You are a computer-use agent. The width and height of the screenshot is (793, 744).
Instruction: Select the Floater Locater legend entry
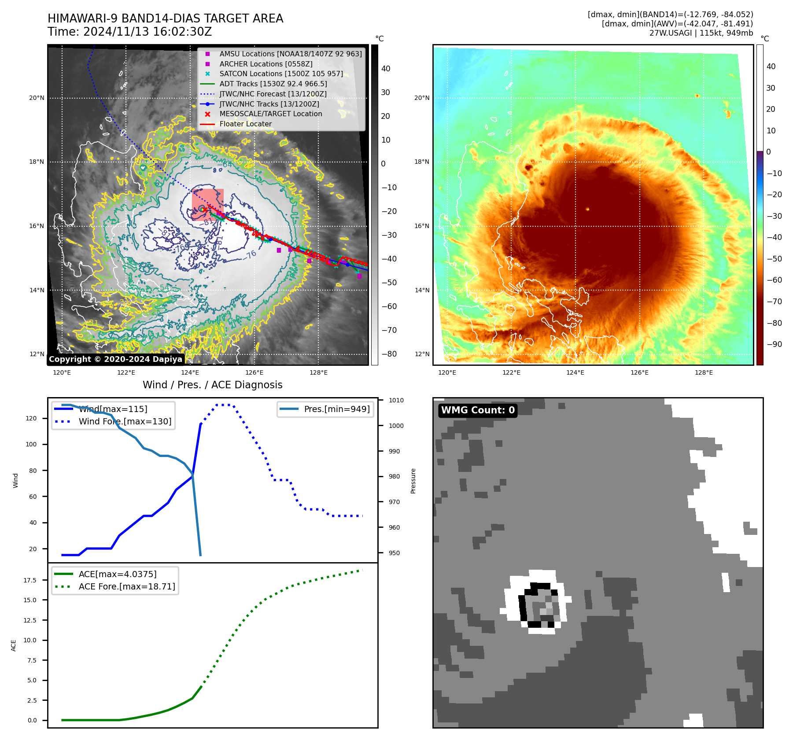coord(245,124)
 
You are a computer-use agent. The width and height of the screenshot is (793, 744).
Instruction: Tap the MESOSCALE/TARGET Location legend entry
coord(270,114)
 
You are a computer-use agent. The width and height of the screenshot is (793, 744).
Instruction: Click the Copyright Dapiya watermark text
coord(115,359)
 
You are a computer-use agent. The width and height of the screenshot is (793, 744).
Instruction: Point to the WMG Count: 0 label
coord(478,410)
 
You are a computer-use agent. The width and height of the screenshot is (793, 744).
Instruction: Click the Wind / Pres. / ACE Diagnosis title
coord(212,385)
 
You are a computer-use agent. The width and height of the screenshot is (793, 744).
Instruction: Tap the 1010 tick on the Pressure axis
coord(396,400)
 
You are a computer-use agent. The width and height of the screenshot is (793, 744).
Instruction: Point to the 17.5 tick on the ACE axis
coord(30,580)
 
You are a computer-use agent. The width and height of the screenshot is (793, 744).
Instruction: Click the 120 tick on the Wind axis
coord(31,418)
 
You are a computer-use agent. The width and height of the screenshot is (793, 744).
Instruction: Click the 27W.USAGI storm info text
coord(701,33)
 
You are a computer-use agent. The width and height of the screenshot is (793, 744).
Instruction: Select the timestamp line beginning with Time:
coord(130,32)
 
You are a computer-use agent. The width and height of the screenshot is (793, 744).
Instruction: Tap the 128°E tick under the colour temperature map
coord(704,373)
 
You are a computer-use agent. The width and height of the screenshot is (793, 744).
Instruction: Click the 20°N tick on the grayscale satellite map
coord(37,98)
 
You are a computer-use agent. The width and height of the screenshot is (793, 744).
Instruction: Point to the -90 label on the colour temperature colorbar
coord(774,344)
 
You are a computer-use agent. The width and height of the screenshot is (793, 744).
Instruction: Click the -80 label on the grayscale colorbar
coord(389,354)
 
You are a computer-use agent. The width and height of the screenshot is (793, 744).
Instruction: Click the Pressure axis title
coord(413,481)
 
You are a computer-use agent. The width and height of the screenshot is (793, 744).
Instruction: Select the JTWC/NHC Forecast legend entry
coord(273,94)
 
